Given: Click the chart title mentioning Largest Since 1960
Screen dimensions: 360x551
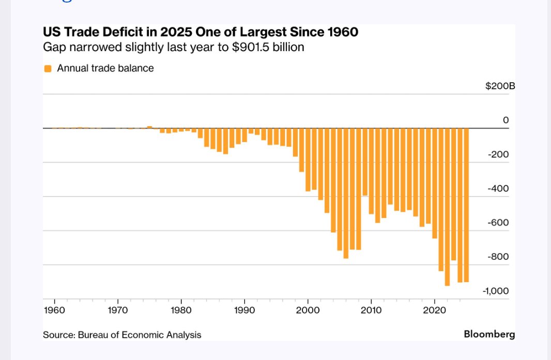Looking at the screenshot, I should pyautogui.click(x=201, y=33).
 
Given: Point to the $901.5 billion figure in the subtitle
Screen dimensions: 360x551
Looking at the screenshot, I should pyautogui.click(x=279, y=48).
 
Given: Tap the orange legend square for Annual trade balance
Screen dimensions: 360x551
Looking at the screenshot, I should pyautogui.click(x=48, y=68).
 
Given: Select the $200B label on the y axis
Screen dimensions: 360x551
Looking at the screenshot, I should pyautogui.click(x=500, y=86).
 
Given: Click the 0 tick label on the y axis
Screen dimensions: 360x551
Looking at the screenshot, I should pyautogui.click(x=506, y=120).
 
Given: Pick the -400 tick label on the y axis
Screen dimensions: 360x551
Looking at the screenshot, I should pyautogui.click(x=498, y=189).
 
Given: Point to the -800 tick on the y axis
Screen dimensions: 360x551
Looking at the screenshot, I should pyautogui.click(x=498, y=257).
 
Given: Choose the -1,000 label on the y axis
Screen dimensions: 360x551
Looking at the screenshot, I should pyautogui.click(x=496, y=291).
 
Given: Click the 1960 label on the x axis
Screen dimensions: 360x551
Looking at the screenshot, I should pyautogui.click(x=55, y=310).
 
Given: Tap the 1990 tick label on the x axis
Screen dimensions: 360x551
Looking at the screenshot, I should pyautogui.click(x=244, y=310).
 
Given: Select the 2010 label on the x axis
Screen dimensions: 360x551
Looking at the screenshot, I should pyautogui.click(x=371, y=310).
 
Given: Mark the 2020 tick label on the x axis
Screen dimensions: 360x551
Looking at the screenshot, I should pyautogui.click(x=434, y=310).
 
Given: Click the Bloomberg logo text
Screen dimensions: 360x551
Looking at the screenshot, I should pyautogui.click(x=489, y=334).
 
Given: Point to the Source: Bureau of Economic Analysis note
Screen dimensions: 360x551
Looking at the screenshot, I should pyautogui.click(x=122, y=335).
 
